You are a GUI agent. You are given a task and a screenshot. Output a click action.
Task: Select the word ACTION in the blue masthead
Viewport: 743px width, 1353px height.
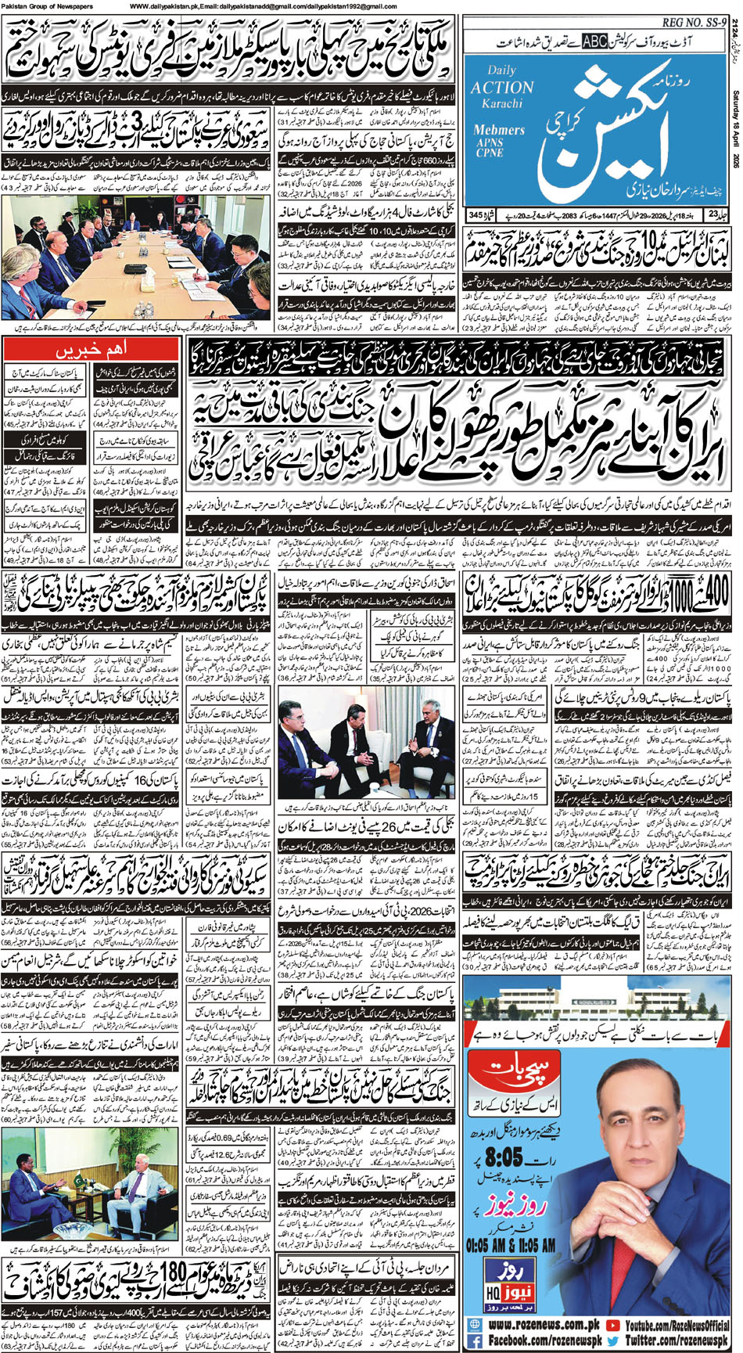502,87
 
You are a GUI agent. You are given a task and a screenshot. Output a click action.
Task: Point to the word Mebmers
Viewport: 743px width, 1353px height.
500,130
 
